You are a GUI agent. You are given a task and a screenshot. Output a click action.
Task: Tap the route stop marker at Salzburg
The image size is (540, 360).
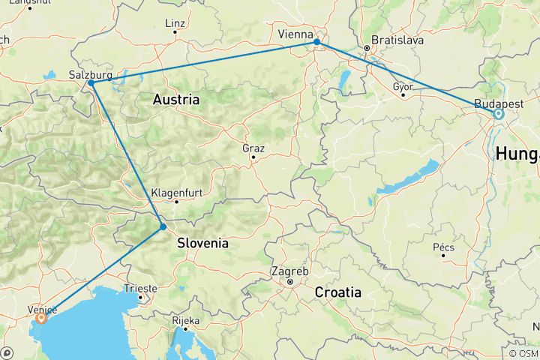(x=91, y=83)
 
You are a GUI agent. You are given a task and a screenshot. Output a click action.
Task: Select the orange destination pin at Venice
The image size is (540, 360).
(x=40, y=318)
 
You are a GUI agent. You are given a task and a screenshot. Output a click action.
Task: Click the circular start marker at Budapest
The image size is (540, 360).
(x=498, y=114)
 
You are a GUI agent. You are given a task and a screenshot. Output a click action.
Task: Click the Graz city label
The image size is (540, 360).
(x=253, y=148)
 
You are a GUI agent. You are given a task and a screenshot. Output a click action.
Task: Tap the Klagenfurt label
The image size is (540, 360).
(x=176, y=192)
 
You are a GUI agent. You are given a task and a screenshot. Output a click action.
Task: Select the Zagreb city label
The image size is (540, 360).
(x=289, y=270)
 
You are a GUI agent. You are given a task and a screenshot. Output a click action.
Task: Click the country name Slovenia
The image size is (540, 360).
(x=202, y=243)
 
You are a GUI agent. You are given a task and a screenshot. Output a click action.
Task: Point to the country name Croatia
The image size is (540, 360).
(x=339, y=292)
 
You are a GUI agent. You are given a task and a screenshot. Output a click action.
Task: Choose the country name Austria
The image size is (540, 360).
(x=176, y=99)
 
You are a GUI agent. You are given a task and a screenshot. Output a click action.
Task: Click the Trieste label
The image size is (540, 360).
(x=142, y=288)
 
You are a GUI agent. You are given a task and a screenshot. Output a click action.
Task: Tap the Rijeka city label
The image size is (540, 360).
(x=185, y=320)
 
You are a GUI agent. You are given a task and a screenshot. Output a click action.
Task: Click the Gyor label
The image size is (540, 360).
(x=403, y=85)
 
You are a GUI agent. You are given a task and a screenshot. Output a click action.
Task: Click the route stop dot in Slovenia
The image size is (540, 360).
(x=163, y=226)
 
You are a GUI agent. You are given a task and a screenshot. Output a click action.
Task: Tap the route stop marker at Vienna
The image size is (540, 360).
(x=317, y=42)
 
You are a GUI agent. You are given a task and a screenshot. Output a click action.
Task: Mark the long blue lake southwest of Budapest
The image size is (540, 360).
(x=408, y=177)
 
